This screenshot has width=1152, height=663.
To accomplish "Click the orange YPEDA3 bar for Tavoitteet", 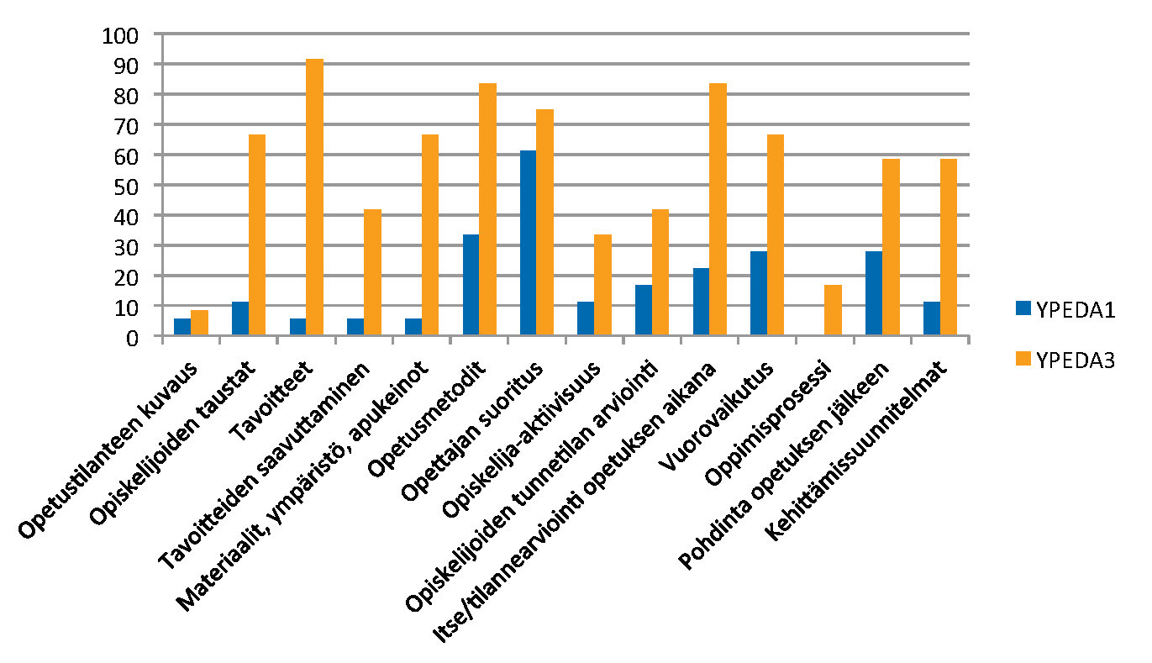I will [x=314, y=198].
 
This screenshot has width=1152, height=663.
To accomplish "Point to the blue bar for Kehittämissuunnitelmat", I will [x=931, y=319].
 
